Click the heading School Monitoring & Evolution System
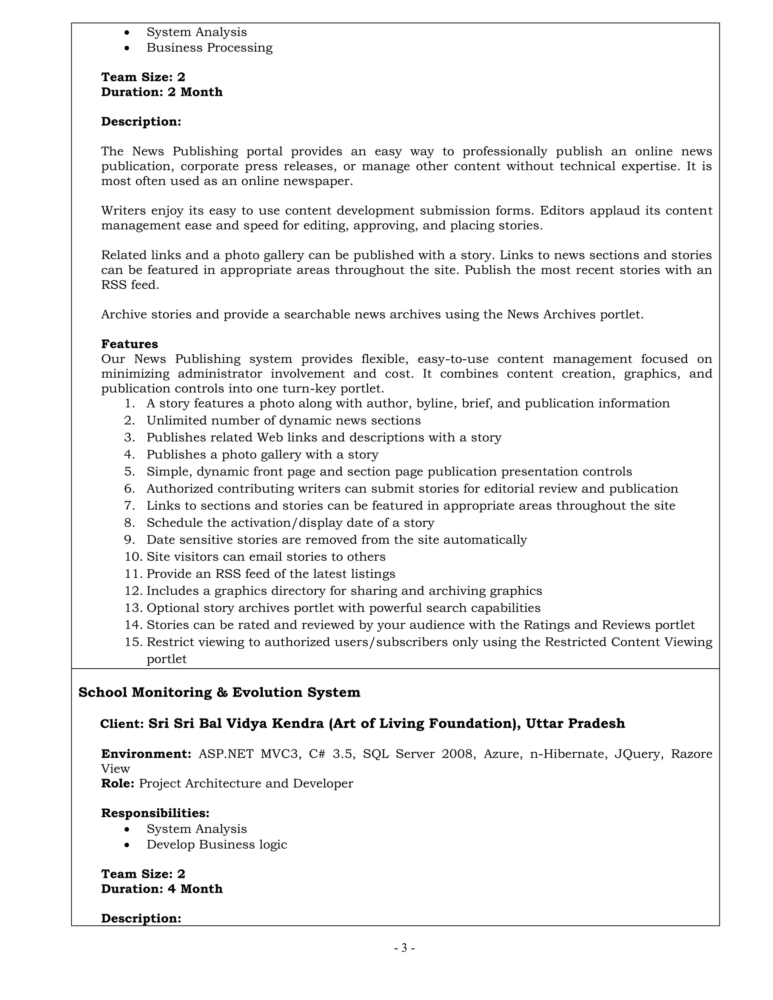point(219,692)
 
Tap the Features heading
point(129,344)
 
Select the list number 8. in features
point(129,523)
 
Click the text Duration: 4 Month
point(162,889)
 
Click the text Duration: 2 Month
point(162,92)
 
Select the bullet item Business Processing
point(209,48)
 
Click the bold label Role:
point(117,783)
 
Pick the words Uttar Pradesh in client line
point(575,723)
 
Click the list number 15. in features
point(133,642)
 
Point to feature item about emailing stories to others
point(266,557)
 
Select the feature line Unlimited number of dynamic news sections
point(283,420)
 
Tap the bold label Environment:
point(146,754)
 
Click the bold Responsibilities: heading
point(155,813)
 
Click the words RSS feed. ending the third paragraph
point(130,285)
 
